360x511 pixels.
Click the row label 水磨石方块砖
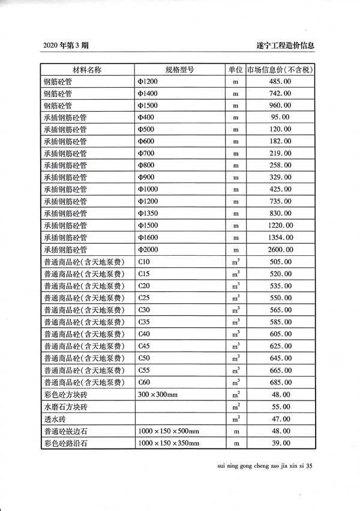point(65,407)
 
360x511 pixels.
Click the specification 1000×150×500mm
point(168,431)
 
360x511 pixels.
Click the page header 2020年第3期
point(65,46)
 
